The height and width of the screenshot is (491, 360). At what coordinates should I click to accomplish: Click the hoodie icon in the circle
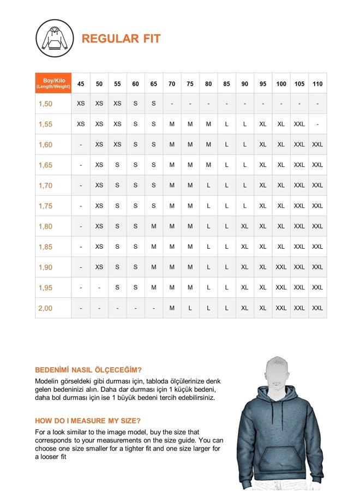(x=55, y=38)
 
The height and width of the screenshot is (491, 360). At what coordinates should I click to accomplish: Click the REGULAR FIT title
(x=121, y=39)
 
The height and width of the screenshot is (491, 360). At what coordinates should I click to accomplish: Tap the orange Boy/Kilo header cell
(x=53, y=83)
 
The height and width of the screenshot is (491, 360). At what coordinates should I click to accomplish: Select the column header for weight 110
(x=317, y=83)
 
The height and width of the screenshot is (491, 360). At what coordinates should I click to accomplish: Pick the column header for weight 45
(x=81, y=83)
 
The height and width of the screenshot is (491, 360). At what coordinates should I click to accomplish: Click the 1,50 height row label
(x=46, y=104)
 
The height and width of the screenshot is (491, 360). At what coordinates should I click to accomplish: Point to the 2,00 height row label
(x=46, y=308)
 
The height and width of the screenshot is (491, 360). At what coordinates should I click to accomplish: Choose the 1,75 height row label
(x=46, y=206)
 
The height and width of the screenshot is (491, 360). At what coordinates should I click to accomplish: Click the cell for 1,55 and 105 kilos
(x=299, y=124)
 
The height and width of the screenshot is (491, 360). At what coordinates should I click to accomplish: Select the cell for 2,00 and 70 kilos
(x=172, y=308)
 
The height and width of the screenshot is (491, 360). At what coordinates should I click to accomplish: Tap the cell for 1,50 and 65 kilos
(x=154, y=104)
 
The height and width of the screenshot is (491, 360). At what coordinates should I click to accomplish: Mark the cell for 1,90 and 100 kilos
(x=281, y=267)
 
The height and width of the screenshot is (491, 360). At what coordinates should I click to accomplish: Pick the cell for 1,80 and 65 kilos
(x=154, y=226)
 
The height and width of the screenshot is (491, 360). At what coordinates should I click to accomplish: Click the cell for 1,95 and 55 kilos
(x=117, y=288)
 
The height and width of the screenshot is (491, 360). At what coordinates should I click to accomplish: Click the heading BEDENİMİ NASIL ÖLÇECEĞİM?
(x=88, y=369)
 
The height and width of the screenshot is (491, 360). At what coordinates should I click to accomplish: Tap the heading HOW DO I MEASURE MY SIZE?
(x=88, y=421)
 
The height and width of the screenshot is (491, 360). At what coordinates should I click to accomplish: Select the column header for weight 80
(x=208, y=83)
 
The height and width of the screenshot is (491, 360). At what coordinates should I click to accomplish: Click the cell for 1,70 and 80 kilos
(x=208, y=185)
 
